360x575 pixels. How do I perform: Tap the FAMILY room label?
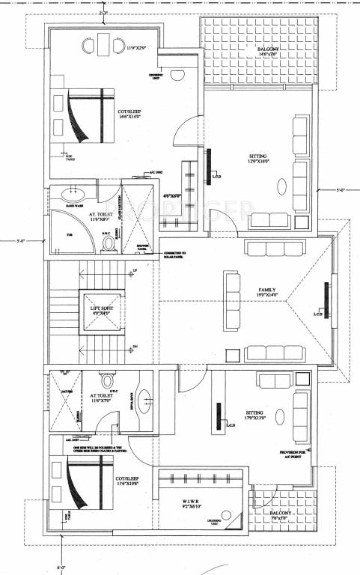(267, 292)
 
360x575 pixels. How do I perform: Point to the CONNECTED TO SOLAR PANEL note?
(179, 256)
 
